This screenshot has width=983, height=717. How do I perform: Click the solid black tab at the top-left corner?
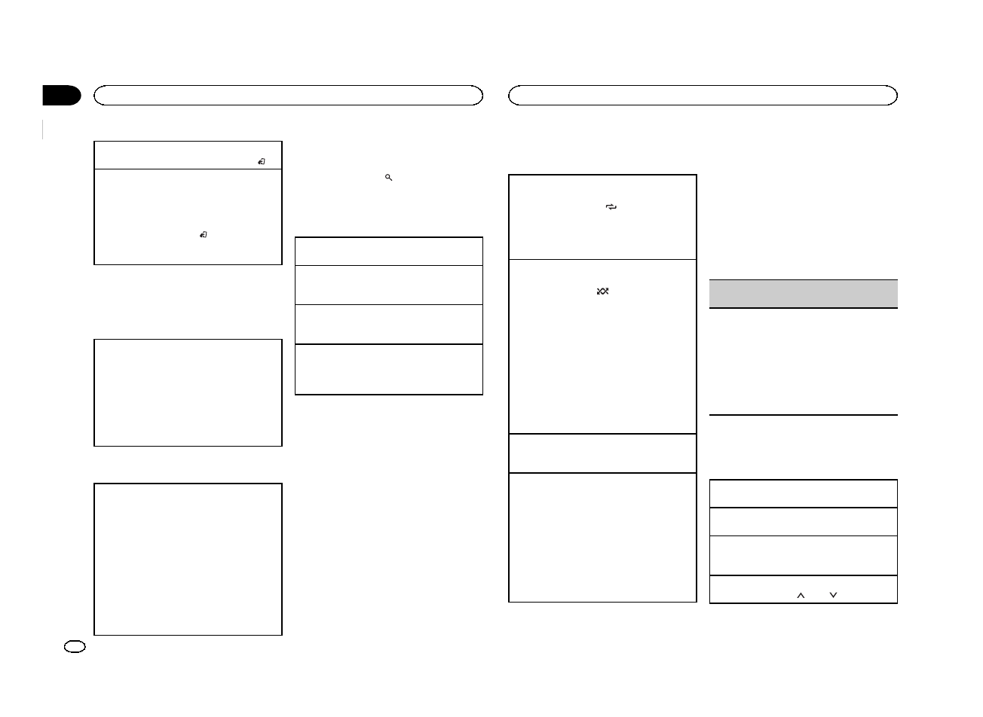coord(60,96)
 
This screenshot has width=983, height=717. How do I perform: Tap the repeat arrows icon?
coord(611,207)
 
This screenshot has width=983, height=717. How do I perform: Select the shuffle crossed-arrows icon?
coord(602,291)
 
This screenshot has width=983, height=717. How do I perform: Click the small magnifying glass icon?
coord(388,178)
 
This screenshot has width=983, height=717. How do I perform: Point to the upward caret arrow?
coord(801,595)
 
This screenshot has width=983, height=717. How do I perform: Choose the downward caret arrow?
coord(833,595)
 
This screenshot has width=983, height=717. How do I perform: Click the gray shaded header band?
coord(804,294)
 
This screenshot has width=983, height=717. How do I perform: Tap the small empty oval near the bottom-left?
coord(75,646)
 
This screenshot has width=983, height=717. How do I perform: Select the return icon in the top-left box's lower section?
coord(204,236)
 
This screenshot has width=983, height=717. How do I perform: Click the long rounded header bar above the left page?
coord(288,95)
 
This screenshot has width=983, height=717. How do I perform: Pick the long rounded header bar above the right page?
coord(703,95)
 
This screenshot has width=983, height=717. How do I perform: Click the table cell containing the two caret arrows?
coord(804,590)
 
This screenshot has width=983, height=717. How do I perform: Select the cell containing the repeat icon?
coord(602,218)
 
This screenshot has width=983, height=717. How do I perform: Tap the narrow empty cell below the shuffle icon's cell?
coord(602,453)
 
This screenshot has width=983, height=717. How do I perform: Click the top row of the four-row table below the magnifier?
coord(388,252)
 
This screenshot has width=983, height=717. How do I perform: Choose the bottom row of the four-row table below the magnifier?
coord(388,369)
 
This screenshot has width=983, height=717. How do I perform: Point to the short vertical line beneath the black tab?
coord(44,130)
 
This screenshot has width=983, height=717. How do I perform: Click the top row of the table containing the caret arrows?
coord(804,493)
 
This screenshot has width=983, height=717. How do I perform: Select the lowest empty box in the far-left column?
coord(188,559)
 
